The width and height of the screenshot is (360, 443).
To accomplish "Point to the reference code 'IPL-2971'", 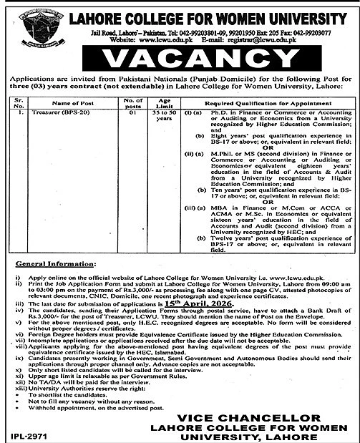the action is pos(21,434).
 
